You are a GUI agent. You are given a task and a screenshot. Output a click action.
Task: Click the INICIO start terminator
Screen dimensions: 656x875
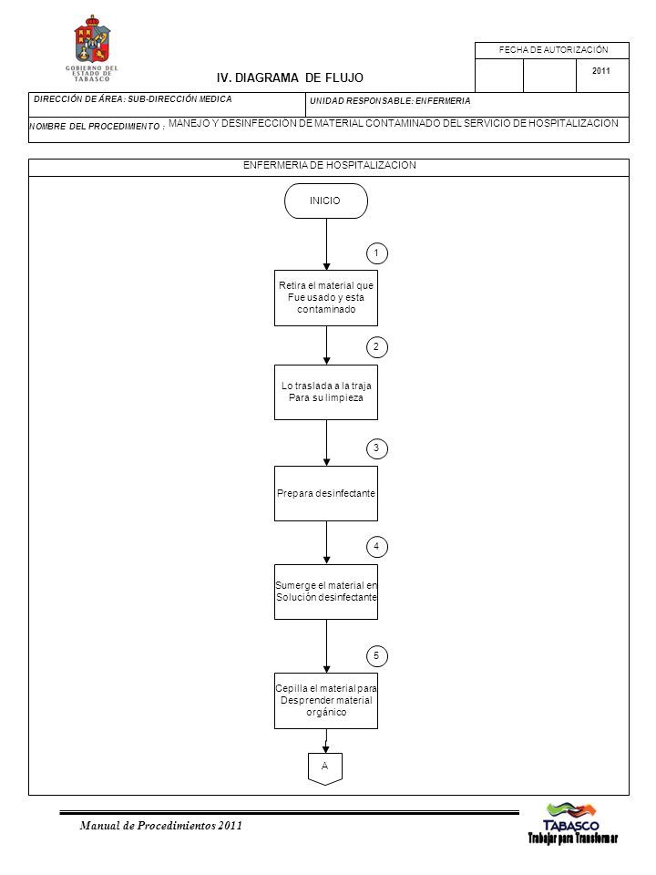pos(326,201)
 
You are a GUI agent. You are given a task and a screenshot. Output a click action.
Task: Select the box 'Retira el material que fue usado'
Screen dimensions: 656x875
pos(326,298)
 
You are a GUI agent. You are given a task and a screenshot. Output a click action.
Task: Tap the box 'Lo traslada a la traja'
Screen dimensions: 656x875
pos(326,392)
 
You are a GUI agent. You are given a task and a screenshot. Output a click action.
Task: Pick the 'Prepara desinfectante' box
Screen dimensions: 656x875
pos(326,493)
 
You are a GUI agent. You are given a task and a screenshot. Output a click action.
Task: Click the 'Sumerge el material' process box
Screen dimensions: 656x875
pos(326,592)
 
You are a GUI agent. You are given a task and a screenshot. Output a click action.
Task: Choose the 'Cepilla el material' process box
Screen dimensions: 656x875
pos(326,701)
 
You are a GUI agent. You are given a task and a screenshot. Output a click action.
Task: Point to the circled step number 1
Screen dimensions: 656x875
pos(377,253)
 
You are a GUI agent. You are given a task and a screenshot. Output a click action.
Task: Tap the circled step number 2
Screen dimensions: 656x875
pos(377,347)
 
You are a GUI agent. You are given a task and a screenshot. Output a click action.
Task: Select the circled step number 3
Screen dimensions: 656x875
pos(377,448)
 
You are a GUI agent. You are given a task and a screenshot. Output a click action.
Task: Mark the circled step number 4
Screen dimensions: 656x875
pos(377,546)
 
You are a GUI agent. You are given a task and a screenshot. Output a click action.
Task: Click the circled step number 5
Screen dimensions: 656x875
pos(377,655)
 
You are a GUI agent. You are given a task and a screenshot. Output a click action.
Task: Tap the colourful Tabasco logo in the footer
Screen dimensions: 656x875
pos(572,822)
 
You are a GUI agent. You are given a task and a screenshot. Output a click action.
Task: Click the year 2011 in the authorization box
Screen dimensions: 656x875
pos(600,71)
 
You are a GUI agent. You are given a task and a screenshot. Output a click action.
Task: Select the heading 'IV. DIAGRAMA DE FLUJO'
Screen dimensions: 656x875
pos(290,78)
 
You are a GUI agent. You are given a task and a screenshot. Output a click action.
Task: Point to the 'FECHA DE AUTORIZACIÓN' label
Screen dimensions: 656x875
pos(553,49)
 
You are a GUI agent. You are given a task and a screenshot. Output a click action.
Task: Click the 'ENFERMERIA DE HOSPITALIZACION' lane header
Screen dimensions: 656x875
pos(329,165)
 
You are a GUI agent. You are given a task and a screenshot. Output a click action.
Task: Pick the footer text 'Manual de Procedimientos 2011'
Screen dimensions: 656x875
pos(161,826)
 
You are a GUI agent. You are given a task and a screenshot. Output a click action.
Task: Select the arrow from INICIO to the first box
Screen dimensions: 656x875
pos(326,244)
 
